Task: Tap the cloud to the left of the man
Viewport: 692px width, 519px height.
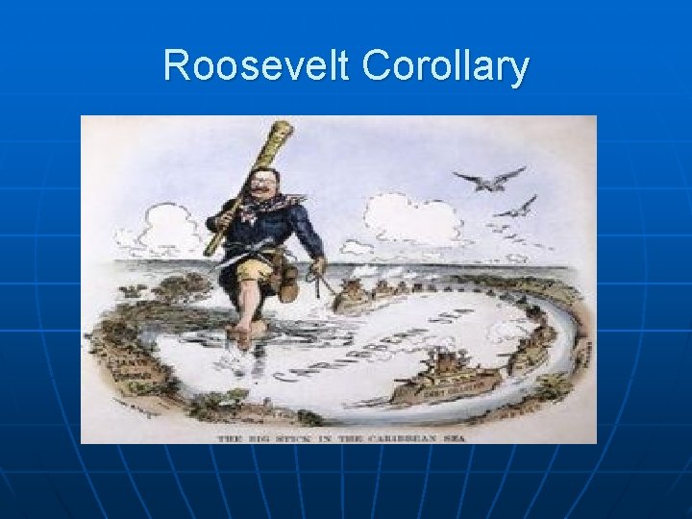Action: (x=163, y=228)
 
